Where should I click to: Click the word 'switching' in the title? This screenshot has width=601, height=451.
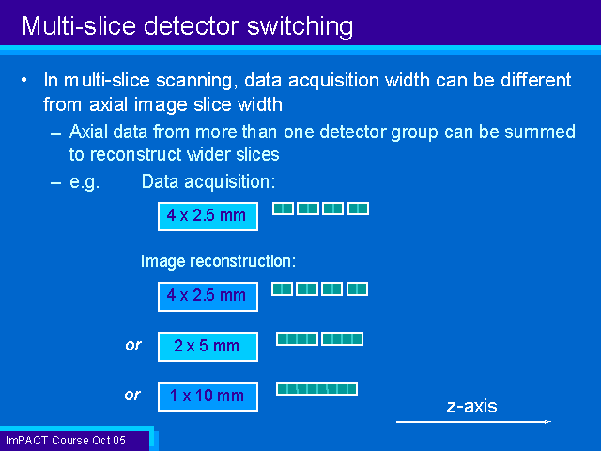[300, 27]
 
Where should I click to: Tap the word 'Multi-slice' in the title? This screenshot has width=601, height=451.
[79, 26]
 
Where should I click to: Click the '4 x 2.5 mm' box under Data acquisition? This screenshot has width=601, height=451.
[208, 216]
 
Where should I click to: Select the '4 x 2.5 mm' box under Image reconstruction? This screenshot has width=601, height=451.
[208, 297]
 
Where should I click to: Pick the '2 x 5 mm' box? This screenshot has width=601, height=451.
[208, 347]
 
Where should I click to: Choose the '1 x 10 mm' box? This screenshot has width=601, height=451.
[208, 397]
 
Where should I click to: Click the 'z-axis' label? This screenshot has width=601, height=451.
[471, 406]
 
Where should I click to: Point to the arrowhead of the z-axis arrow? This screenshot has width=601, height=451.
[548, 422]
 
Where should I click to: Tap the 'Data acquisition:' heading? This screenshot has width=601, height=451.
[208, 181]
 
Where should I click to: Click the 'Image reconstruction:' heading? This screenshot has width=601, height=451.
[219, 261]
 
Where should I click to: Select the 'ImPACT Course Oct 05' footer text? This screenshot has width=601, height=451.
[66, 441]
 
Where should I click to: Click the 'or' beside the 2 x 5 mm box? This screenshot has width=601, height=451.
[133, 346]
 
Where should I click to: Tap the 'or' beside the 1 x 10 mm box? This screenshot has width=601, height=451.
[132, 395]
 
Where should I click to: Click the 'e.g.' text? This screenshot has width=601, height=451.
[85, 182]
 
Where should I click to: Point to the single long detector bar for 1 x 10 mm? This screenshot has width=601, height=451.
[317, 389]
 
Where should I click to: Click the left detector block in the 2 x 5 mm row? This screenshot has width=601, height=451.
[297, 339]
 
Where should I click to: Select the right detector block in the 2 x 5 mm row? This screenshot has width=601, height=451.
[342, 339]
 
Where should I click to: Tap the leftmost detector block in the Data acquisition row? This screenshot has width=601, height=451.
[284, 209]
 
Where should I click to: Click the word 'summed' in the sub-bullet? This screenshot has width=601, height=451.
[540, 132]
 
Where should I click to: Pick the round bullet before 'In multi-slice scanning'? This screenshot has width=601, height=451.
[24, 80]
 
